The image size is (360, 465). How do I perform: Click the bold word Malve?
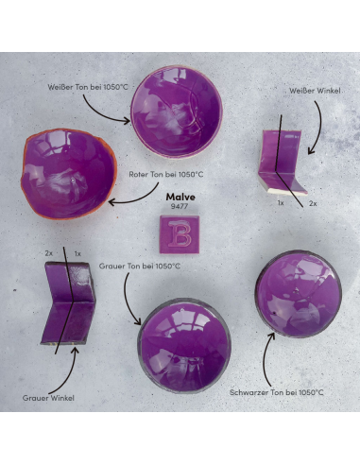pyautogui.click(x=180, y=196)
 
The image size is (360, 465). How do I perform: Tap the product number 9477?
pyautogui.click(x=180, y=205)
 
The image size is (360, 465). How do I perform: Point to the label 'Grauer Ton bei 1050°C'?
pyautogui.click(x=139, y=267)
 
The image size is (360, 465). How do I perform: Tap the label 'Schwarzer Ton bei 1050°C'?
pyautogui.click(x=277, y=391)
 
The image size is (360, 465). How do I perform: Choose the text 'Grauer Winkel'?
pyautogui.click(x=48, y=398)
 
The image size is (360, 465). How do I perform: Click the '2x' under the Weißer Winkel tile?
pyautogui.click(x=313, y=203)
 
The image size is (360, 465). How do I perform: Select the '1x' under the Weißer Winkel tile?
pyautogui.click(x=281, y=203)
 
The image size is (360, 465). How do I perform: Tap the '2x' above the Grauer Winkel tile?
pyautogui.click(x=48, y=253)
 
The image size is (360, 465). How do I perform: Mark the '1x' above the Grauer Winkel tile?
pyautogui.click(x=77, y=253)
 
